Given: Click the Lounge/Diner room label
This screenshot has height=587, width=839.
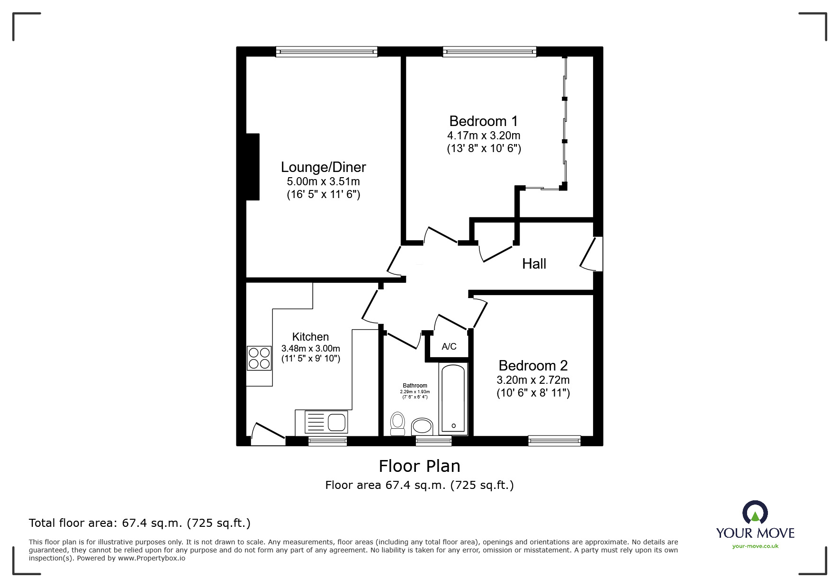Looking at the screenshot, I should (x=323, y=167).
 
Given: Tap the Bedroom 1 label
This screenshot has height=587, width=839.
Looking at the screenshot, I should (x=483, y=121).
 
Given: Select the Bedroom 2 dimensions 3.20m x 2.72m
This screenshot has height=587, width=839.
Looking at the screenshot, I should (x=533, y=380).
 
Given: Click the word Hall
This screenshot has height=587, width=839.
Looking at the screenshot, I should (x=534, y=264).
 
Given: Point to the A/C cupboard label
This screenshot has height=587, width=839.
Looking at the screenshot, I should (x=449, y=347).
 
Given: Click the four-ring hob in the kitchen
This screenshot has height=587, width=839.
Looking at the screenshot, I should (x=259, y=358).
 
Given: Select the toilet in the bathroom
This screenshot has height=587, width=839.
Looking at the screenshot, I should (x=397, y=423).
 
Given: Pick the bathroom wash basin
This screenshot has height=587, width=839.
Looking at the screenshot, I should (x=422, y=426).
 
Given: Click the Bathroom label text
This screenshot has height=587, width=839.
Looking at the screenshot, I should (x=415, y=386).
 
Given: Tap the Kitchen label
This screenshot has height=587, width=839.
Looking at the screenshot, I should (x=310, y=337).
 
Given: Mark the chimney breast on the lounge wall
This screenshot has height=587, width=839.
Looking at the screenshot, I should (x=253, y=167).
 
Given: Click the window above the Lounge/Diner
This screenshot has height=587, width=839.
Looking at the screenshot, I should (x=326, y=52).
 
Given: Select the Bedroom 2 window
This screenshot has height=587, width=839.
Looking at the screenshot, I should (x=554, y=441).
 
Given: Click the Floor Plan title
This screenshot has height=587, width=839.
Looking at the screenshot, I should (x=419, y=466).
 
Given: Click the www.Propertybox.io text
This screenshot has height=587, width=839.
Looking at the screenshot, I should (x=151, y=558).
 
